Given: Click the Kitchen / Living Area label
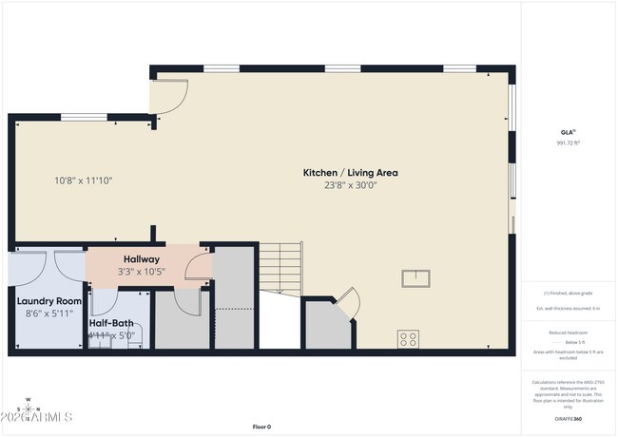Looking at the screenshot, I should pos(350,173).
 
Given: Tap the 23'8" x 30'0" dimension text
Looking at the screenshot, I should pos(350,186).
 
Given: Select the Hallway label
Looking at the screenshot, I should pos(142,259).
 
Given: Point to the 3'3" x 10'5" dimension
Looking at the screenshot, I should pos(142,272).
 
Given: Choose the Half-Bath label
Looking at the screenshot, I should pos(112,323).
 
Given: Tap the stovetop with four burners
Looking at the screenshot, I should pos(409,338).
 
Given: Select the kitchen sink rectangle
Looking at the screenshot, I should pos(415,278).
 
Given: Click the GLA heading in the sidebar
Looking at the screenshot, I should pos(568,131).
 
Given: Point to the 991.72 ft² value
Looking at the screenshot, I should pos(568,142).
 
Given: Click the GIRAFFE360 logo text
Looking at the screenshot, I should pos(568,418).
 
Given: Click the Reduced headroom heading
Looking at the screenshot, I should pos(568,332).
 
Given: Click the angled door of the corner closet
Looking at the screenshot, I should pos(347,302).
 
